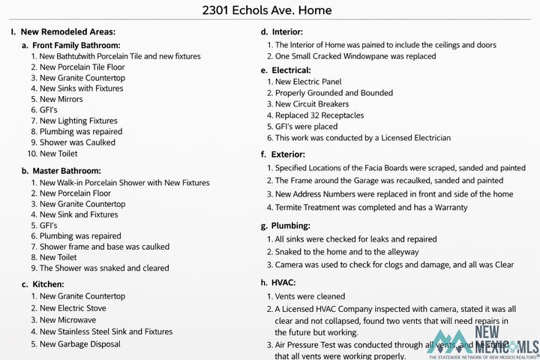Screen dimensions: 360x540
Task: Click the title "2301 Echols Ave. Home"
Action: tap(267, 10)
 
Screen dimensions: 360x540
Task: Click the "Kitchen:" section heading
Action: tap(48, 284)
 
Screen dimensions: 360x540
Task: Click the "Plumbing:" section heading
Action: tap(289, 226)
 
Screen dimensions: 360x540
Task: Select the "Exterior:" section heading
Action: tap(288, 154)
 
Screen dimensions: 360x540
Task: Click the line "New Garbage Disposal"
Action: tap(79, 344)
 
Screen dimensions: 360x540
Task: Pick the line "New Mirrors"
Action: tap(61, 99)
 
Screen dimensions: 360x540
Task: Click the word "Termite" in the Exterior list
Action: tap(289, 206)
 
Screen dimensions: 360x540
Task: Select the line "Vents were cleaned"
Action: tap(310, 296)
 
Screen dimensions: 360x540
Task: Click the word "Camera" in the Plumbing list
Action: tap(290, 264)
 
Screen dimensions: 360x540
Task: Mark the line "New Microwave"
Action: tap(67, 319)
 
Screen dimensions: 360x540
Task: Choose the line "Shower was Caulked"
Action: tap(77, 142)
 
